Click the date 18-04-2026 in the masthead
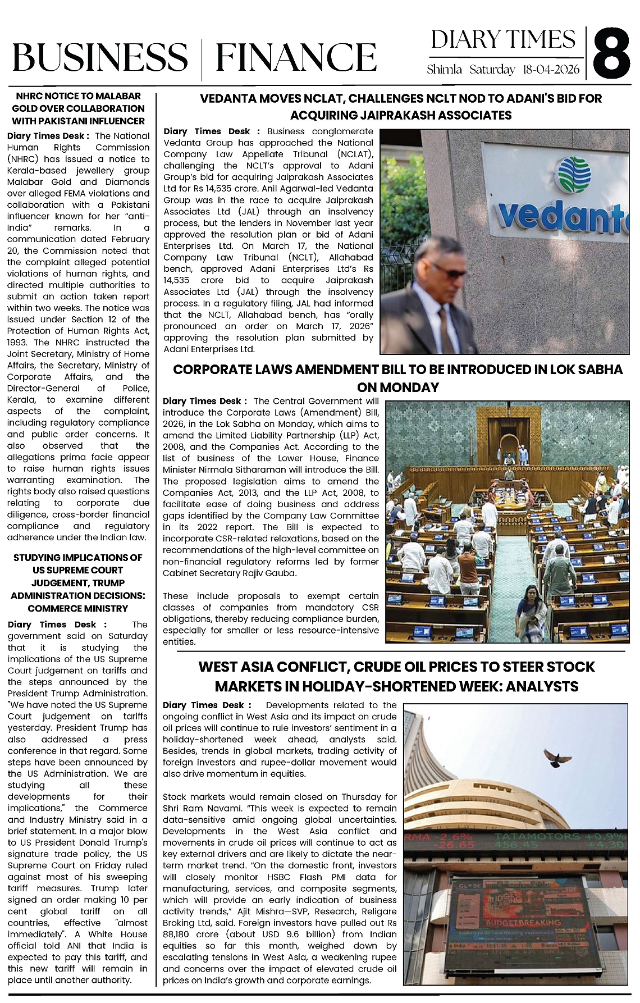[x=551, y=70]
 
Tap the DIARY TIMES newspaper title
[x=503, y=40]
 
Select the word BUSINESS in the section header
[x=100, y=57]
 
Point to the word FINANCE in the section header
[x=296, y=57]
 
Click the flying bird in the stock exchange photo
[x=556, y=758]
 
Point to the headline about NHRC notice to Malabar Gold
[x=79, y=108]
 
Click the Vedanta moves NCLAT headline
[x=401, y=107]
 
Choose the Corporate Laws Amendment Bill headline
[x=397, y=378]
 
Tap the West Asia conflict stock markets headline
[x=396, y=676]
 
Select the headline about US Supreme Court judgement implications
[x=78, y=583]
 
